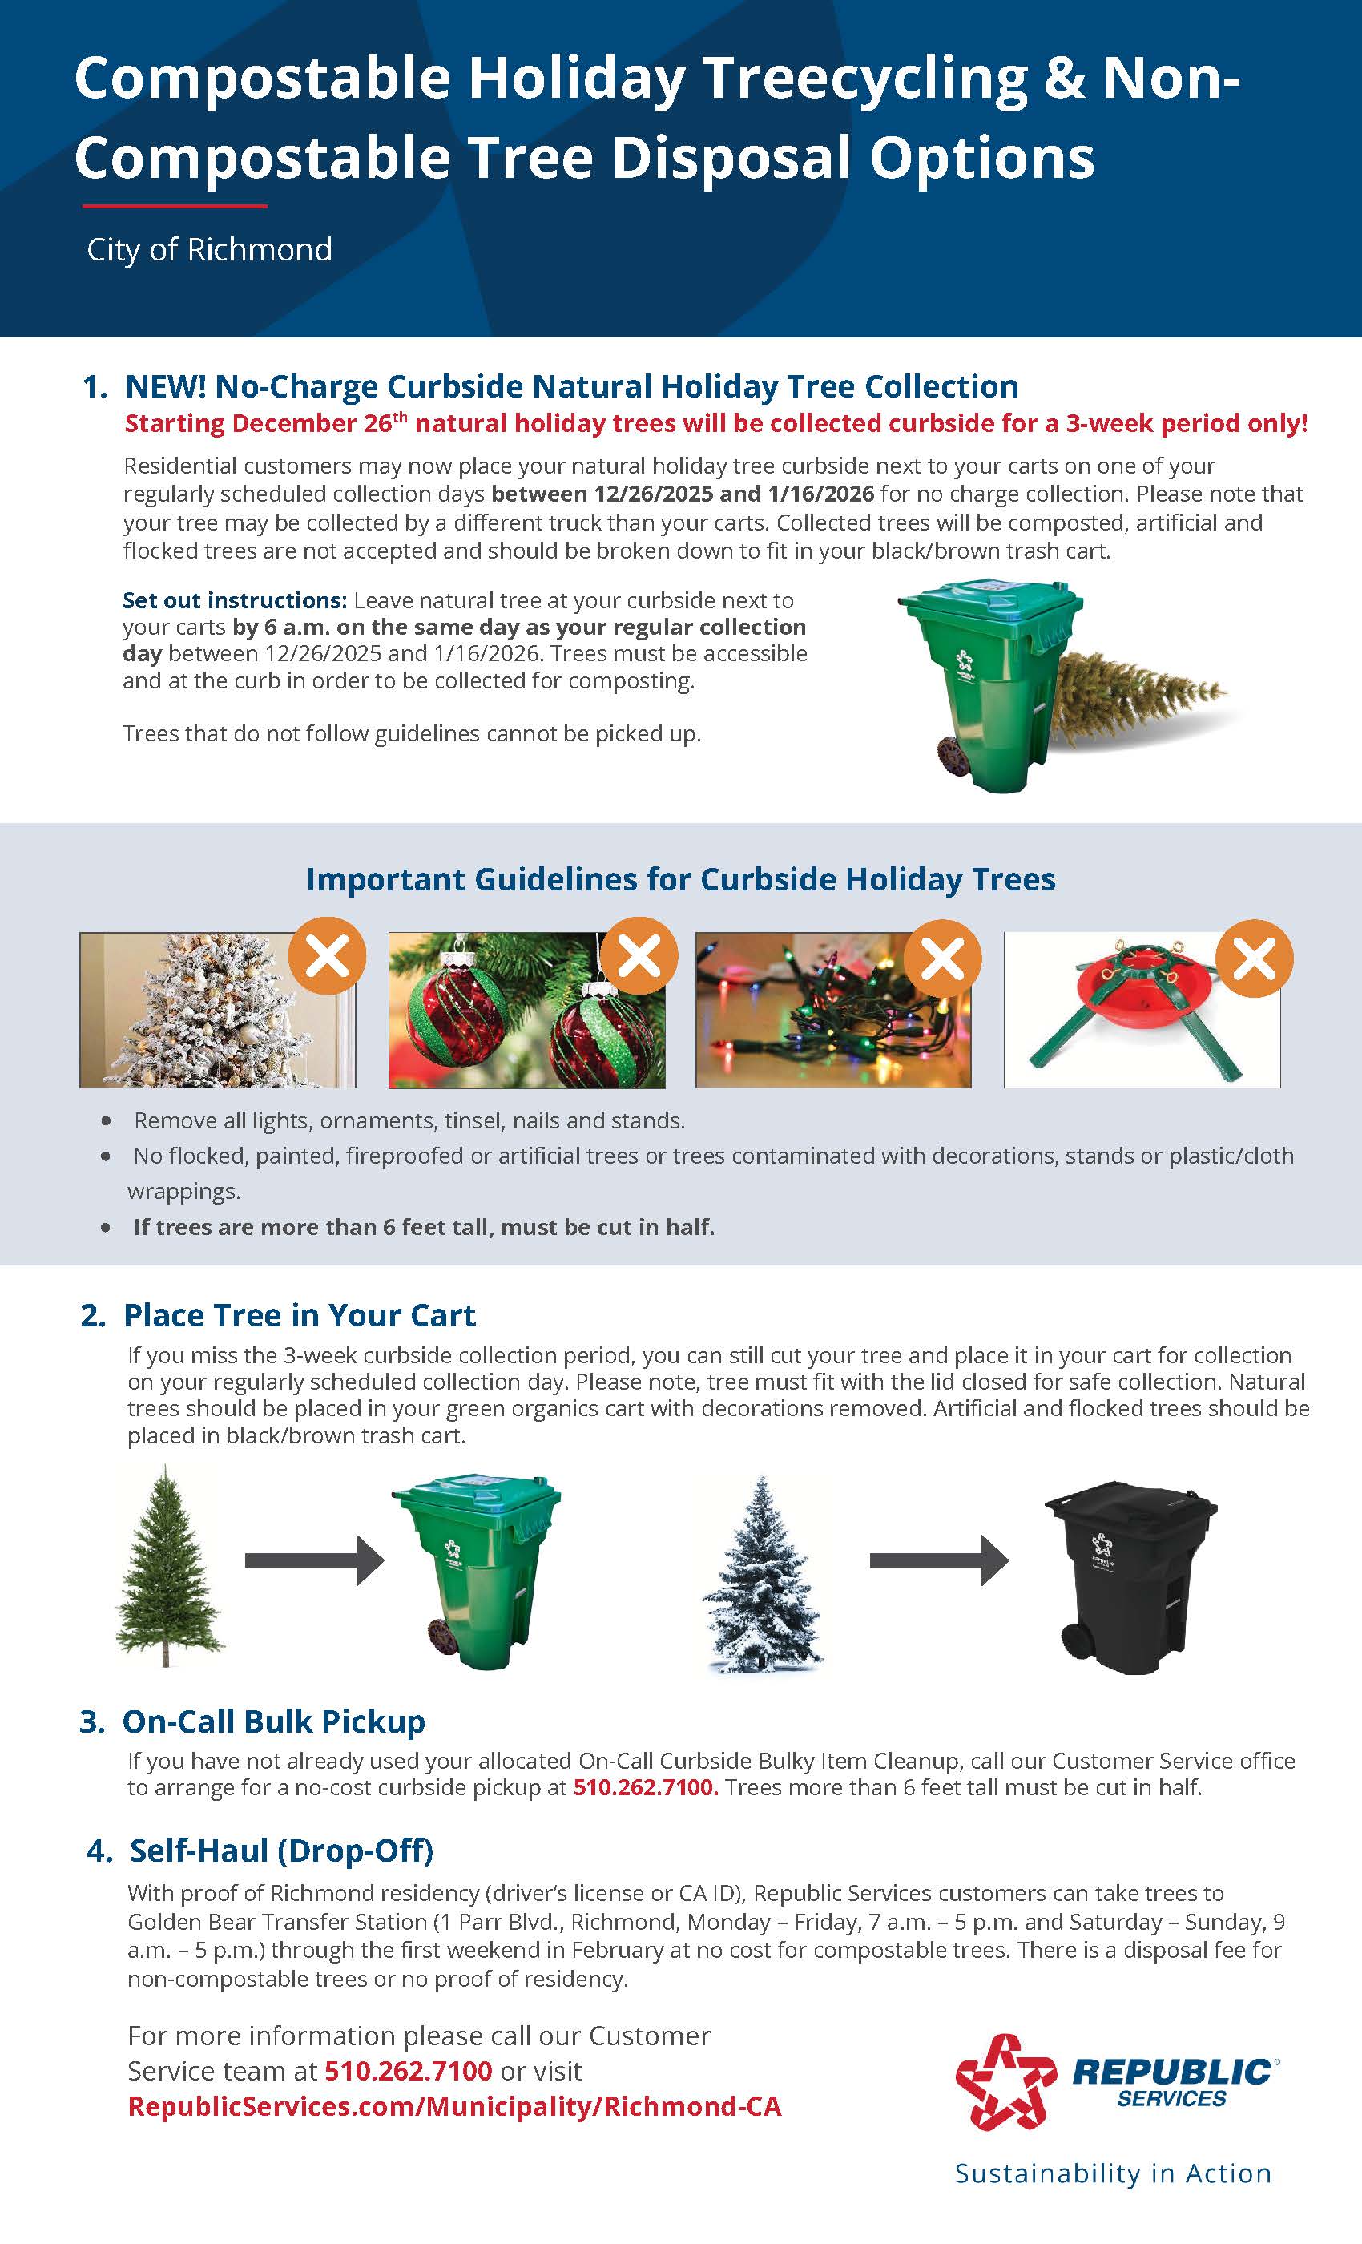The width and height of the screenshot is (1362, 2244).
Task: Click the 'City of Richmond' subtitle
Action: [209, 249]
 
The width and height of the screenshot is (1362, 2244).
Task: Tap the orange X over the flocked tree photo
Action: [327, 956]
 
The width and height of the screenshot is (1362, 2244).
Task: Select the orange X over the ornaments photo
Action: [639, 956]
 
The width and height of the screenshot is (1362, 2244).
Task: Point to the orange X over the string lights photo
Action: [943, 958]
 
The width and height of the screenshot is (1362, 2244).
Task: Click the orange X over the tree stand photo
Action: [1255, 958]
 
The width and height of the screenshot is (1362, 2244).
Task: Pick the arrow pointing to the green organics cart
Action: [314, 1560]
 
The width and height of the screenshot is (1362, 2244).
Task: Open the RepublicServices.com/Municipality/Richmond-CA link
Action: [454, 2106]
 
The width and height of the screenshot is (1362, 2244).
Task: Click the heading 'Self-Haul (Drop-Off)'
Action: [280, 1850]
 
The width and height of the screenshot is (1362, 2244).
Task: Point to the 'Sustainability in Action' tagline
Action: [1113, 2173]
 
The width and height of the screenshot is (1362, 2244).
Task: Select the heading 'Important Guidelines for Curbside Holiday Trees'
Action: [680, 879]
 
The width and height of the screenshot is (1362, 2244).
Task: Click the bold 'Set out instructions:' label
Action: [235, 600]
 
